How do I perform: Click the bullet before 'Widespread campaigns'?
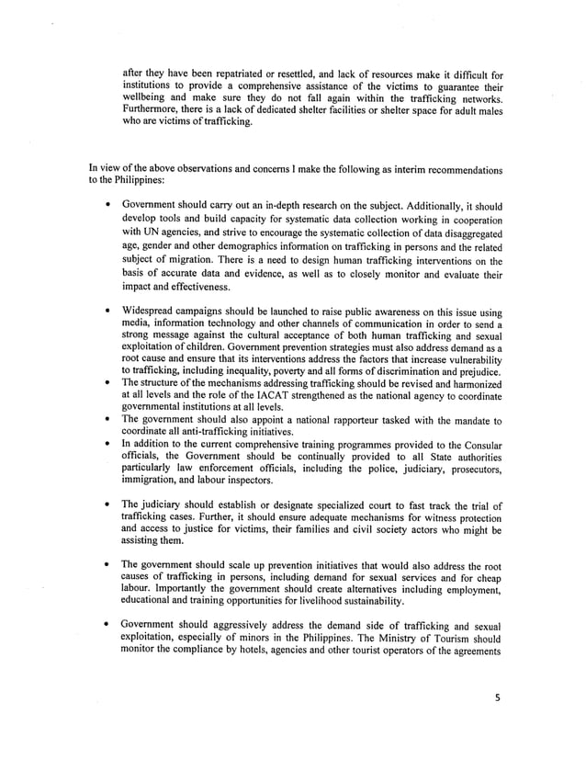pos(109,313)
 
